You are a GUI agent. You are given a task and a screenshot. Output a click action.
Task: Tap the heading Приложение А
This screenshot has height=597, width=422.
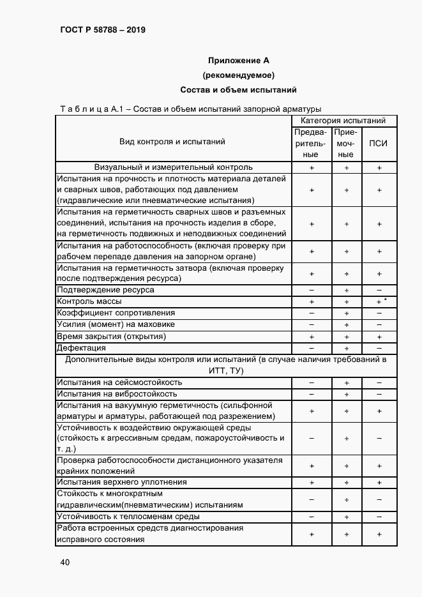tap(239, 61)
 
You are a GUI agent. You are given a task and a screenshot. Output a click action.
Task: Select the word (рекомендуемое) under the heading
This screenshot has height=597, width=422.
tap(239, 75)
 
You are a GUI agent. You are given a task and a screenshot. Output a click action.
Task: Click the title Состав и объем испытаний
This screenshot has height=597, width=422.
tap(239, 90)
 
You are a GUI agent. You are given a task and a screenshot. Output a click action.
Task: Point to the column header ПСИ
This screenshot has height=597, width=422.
tap(379, 144)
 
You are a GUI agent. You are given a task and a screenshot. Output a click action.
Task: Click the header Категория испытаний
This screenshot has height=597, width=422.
tap(343, 121)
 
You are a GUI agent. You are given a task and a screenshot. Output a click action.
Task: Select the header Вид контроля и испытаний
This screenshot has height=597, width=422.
tap(172, 142)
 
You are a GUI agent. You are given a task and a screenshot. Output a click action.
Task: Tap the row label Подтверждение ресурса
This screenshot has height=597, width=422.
tap(105, 290)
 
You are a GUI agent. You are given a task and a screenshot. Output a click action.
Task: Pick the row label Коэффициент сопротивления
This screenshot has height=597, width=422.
tap(116, 313)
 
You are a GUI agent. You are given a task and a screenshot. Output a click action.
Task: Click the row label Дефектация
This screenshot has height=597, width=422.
tap(81, 348)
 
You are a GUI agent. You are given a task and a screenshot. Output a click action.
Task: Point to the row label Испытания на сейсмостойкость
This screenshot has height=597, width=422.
tap(119, 382)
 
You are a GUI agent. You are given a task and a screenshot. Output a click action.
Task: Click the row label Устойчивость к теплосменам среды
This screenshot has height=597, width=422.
tap(128, 517)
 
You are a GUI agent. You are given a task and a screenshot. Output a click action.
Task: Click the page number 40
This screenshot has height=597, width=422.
tap(64, 563)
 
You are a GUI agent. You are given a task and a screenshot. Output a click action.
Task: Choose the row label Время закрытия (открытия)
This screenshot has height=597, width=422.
tap(111, 336)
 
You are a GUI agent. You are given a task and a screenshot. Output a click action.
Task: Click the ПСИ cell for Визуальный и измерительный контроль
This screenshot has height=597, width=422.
tap(379, 168)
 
